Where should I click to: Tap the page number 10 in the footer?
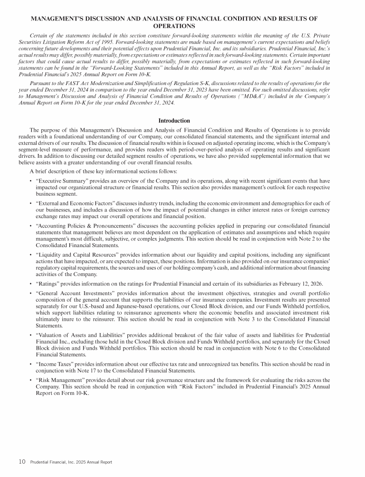coord(22,461)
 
